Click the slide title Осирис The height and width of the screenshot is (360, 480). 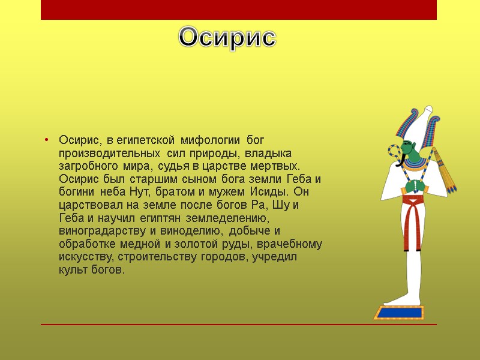point(227,38)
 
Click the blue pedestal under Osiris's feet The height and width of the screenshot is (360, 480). point(398,313)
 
